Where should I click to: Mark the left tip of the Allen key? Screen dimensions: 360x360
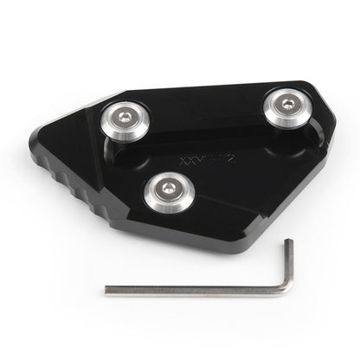tap(108, 291)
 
